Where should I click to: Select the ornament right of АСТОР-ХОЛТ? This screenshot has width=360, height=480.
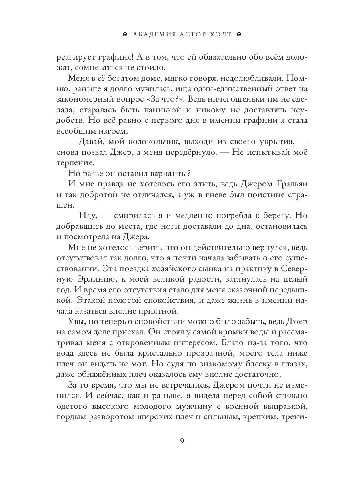click(240, 34)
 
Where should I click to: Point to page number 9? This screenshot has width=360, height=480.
click(182, 441)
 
